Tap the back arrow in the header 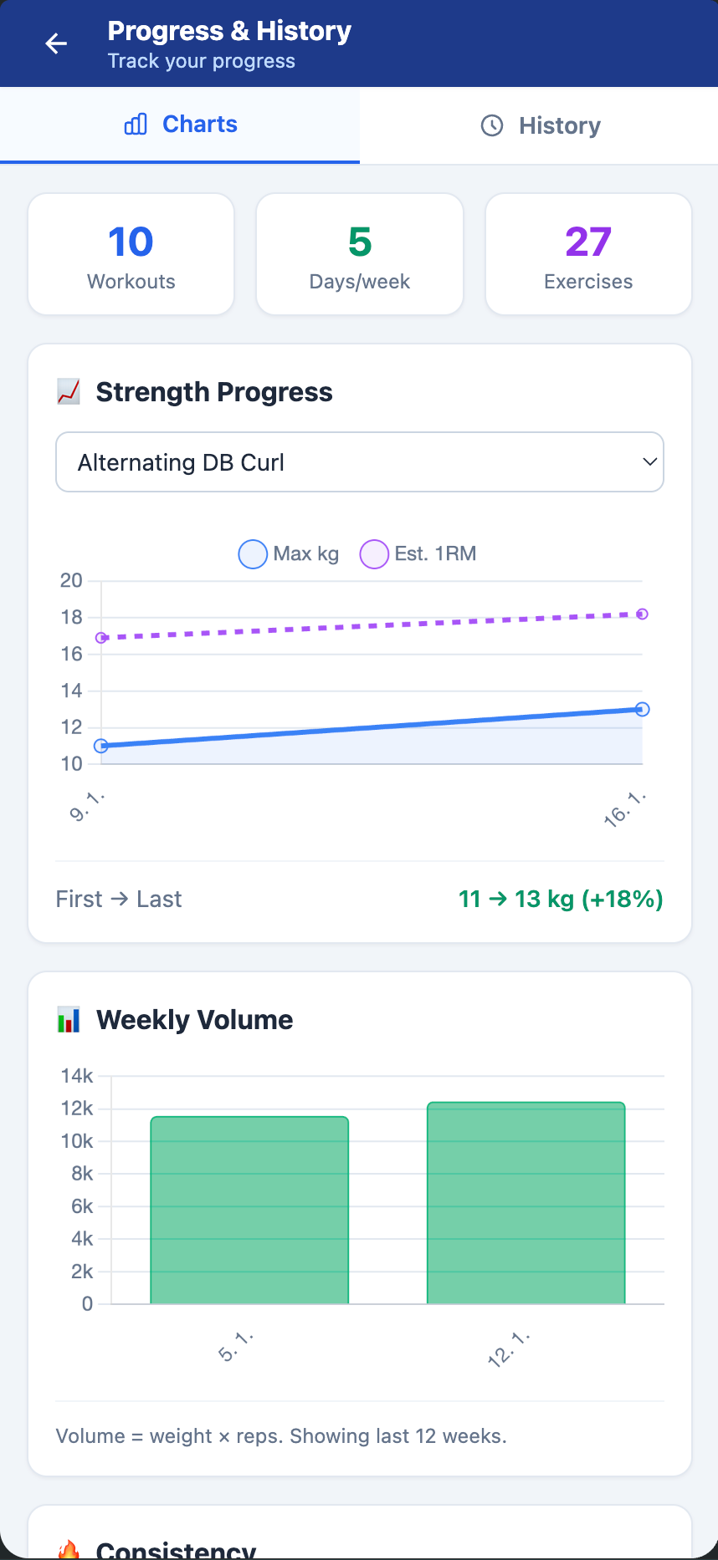tap(56, 43)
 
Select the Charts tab tap(181, 125)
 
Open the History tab tap(541, 126)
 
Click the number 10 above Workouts tap(131, 242)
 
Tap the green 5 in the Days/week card tap(360, 242)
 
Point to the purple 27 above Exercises tap(588, 242)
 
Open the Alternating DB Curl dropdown tap(360, 462)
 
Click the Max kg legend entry tap(289, 554)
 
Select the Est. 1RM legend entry tap(418, 554)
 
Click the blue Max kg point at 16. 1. tap(642, 710)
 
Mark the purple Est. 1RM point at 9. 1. tap(101, 638)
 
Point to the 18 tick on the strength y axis tap(72, 618)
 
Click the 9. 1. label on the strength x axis tap(87, 808)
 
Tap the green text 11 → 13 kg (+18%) tap(561, 900)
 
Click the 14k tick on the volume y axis tap(77, 1076)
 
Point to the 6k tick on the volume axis tap(82, 1206)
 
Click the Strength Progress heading tap(214, 392)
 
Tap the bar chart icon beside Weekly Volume tap(69, 1020)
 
